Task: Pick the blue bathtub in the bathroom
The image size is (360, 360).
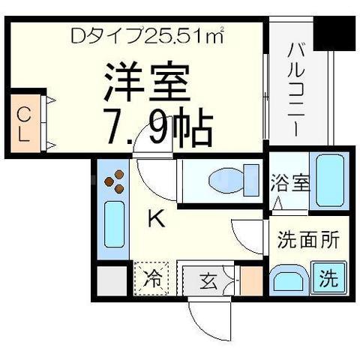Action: [x=328, y=179]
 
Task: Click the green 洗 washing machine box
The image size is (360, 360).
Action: [x=328, y=279]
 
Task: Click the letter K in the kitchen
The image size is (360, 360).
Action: [x=155, y=220]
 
